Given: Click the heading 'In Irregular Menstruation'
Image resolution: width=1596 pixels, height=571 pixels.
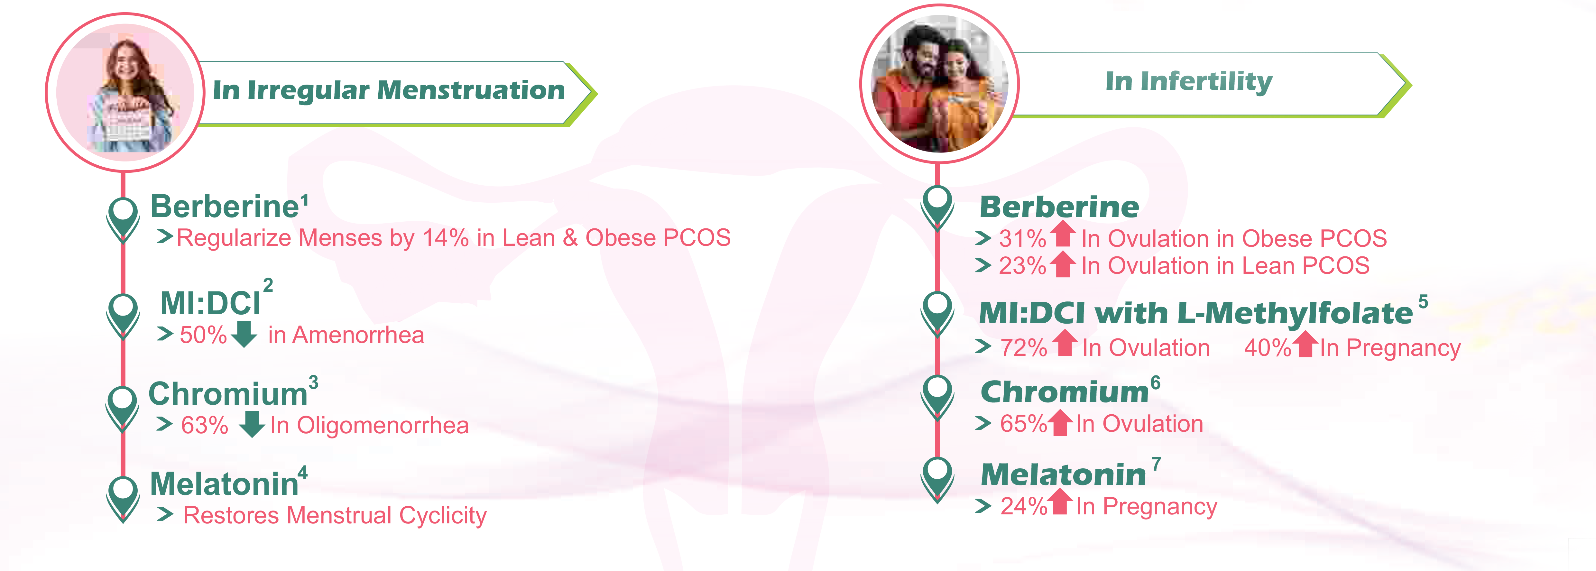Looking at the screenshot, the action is point(389,90).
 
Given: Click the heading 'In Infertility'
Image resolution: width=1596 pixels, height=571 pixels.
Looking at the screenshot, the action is point(1189,81).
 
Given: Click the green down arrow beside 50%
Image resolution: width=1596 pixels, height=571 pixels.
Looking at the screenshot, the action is point(244,334).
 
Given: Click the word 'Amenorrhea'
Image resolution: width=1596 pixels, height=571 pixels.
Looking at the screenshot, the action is point(358,335).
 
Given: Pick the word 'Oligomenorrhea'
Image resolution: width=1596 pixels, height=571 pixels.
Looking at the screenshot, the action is point(383,426).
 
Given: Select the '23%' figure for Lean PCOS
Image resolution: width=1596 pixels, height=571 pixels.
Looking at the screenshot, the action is point(1022,266).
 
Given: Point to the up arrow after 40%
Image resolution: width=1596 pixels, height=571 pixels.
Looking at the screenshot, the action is point(1305,344).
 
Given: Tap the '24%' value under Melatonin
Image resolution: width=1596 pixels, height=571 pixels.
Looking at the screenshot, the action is point(1024,507).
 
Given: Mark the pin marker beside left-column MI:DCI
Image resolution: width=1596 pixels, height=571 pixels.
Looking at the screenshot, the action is point(123,315).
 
